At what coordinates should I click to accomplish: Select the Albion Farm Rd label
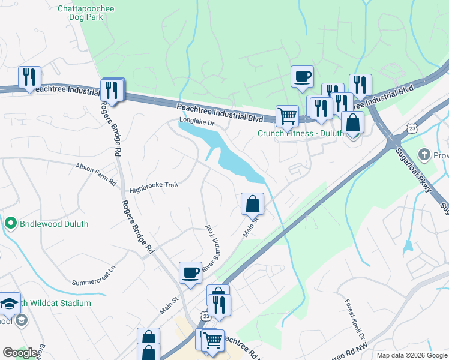click(x=96, y=173)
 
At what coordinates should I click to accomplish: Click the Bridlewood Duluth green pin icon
click(x=10, y=224)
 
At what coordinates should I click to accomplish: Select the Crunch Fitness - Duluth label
click(x=298, y=133)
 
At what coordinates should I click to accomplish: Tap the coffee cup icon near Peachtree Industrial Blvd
click(x=302, y=77)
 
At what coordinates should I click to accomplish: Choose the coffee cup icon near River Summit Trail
click(x=190, y=272)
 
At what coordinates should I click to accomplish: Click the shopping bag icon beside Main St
click(x=253, y=204)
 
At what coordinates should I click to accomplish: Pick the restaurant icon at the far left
click(x=29, y=77)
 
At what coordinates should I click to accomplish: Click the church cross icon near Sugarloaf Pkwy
click(x=426, y=154)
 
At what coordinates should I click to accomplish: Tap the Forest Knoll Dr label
click(x=352, y=320)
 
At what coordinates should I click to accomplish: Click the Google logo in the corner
click(x=20, y=353)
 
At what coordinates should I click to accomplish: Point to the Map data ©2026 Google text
click(x=411, y=355)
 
